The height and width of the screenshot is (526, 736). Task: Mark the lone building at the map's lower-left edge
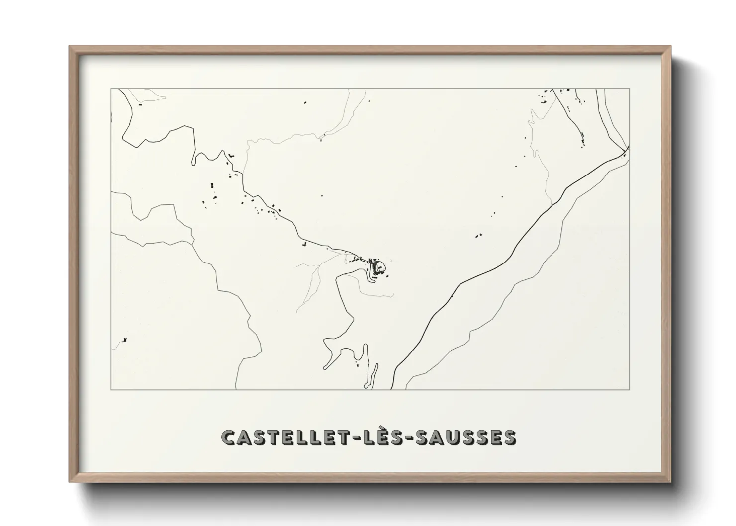coord(124,340)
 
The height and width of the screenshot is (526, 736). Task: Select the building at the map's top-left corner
coord(140,105)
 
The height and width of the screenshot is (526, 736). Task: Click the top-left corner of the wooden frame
coord(70,47)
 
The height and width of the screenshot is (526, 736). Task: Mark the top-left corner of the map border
coord(111,89)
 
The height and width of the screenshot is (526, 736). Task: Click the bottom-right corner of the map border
coord(629,389)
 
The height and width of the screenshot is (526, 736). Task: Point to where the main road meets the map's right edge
coord(629,148)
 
